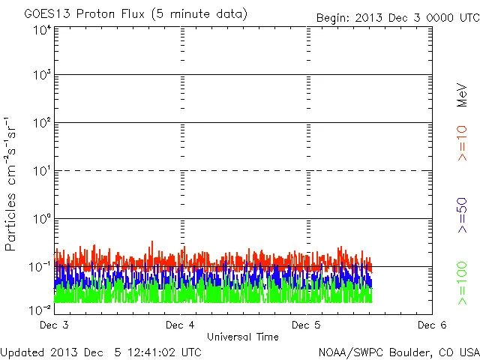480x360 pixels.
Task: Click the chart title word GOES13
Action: [48, 14]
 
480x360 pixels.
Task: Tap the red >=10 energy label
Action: [462, 142]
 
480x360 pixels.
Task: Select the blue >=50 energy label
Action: [462, 215]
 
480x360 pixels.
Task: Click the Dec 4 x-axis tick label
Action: [181, 325]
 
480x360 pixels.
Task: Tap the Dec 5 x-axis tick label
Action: [306, 325]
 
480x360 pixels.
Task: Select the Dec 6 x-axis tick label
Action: [431, 325]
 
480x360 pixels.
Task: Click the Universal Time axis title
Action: [242, 337]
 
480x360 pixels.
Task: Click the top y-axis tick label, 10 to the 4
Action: [42, 31]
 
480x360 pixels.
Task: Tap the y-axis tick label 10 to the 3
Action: [42, 75]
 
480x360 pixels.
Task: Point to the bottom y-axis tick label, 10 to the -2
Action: [40, 308]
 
